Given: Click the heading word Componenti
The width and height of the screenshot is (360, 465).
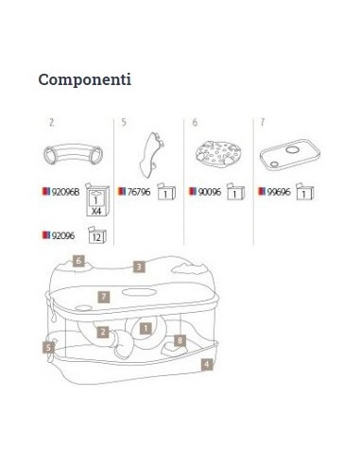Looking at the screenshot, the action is coord(85,80).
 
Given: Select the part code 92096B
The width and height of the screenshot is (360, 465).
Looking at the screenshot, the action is coord(65,192).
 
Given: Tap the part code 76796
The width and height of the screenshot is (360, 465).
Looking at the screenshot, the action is coord(139,192).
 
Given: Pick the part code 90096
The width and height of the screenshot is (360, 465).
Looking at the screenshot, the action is coord(210,192).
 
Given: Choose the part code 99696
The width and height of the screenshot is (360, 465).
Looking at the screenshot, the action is coord(279,192).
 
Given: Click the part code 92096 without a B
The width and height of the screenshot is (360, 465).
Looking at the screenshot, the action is coord(63,235).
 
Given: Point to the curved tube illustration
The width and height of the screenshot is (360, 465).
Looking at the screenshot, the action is coord(74,153).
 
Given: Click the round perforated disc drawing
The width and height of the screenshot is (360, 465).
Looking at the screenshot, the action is coord(218,153).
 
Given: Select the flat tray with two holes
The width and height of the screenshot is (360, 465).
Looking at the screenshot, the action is coord(290,154).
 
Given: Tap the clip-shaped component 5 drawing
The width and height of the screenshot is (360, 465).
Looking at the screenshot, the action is coord(150,154).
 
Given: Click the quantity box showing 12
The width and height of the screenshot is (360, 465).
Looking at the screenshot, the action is coord(96,235).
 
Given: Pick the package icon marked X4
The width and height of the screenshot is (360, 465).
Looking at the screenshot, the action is coord(97,199).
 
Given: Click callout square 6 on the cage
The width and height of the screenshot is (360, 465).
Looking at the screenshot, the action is coord(78,261).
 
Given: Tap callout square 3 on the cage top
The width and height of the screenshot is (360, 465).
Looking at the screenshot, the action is coord(139,267).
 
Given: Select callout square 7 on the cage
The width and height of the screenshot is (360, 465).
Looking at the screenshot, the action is coord(104,297).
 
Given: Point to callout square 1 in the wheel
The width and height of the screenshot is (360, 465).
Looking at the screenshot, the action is coord(146,328).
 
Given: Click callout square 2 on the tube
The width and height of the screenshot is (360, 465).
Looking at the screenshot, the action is coord(103,332).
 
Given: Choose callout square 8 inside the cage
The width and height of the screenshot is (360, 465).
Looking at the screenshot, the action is coord(180,340).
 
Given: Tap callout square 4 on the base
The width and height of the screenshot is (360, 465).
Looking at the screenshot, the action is coord(207,365).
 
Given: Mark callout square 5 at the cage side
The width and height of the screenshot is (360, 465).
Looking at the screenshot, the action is coord(48,348).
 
